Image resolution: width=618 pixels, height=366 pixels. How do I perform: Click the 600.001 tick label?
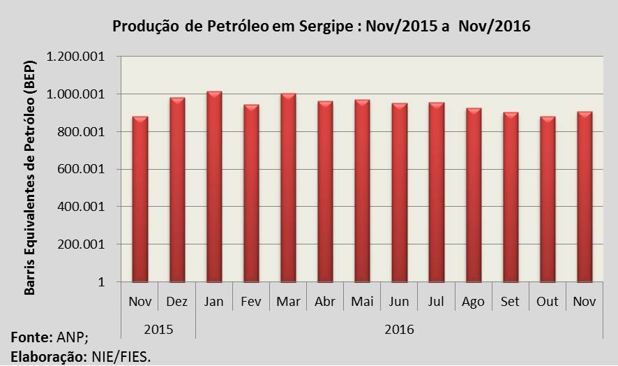84,170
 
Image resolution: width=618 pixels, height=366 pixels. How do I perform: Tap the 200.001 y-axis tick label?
84,245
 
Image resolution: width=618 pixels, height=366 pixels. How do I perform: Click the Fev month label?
251,302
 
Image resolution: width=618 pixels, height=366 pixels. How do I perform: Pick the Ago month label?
474,302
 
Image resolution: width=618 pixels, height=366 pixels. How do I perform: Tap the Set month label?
511,302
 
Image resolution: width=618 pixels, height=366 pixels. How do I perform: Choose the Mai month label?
362,302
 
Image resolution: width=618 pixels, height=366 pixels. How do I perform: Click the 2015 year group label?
158,328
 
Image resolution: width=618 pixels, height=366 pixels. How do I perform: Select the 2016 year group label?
399,328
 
